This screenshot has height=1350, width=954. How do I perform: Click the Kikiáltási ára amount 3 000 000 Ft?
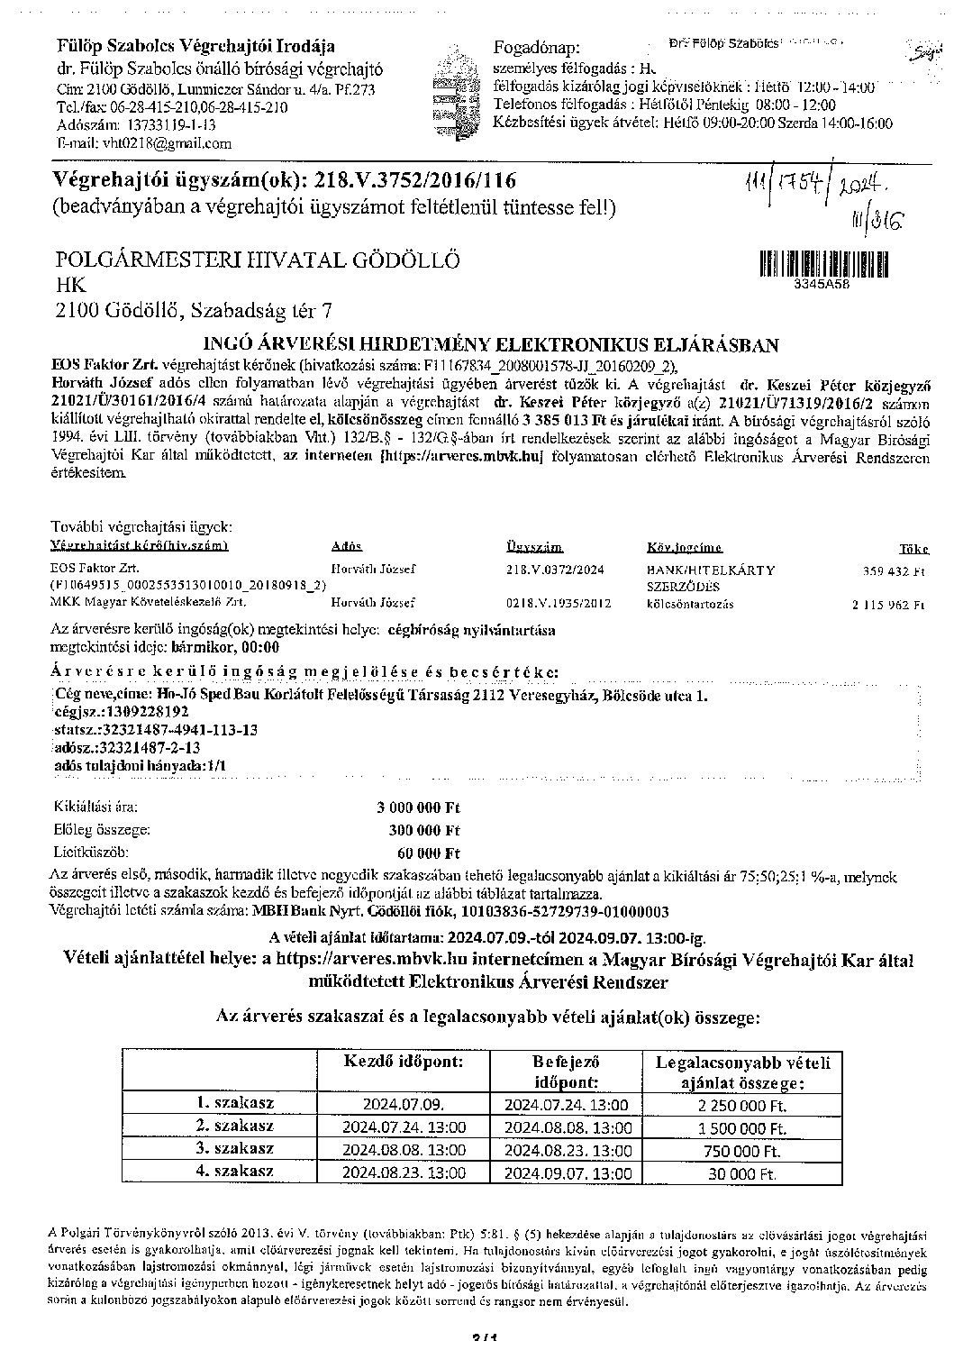418,807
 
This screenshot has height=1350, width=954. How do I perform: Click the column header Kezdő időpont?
403,1062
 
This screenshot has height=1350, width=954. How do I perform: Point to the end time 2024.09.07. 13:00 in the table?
568,1172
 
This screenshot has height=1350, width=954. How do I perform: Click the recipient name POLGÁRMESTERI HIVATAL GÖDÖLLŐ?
258,260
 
